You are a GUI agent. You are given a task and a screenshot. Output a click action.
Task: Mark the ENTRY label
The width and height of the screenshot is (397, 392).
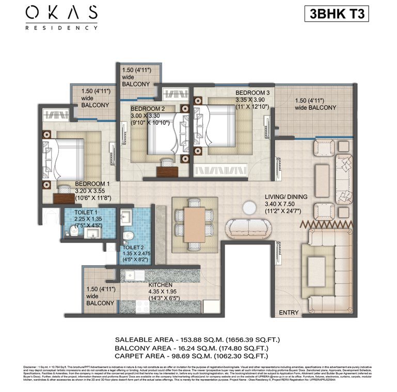289,313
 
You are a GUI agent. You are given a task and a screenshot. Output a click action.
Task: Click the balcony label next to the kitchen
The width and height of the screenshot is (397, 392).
100,296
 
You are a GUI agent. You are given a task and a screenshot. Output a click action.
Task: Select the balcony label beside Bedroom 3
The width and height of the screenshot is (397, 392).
315,104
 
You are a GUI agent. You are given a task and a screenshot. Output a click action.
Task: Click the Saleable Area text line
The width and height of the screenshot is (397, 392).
199,340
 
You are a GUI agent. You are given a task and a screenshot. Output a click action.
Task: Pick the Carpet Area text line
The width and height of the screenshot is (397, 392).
199,356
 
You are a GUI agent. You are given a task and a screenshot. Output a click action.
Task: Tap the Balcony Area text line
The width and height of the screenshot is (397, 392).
199,348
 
